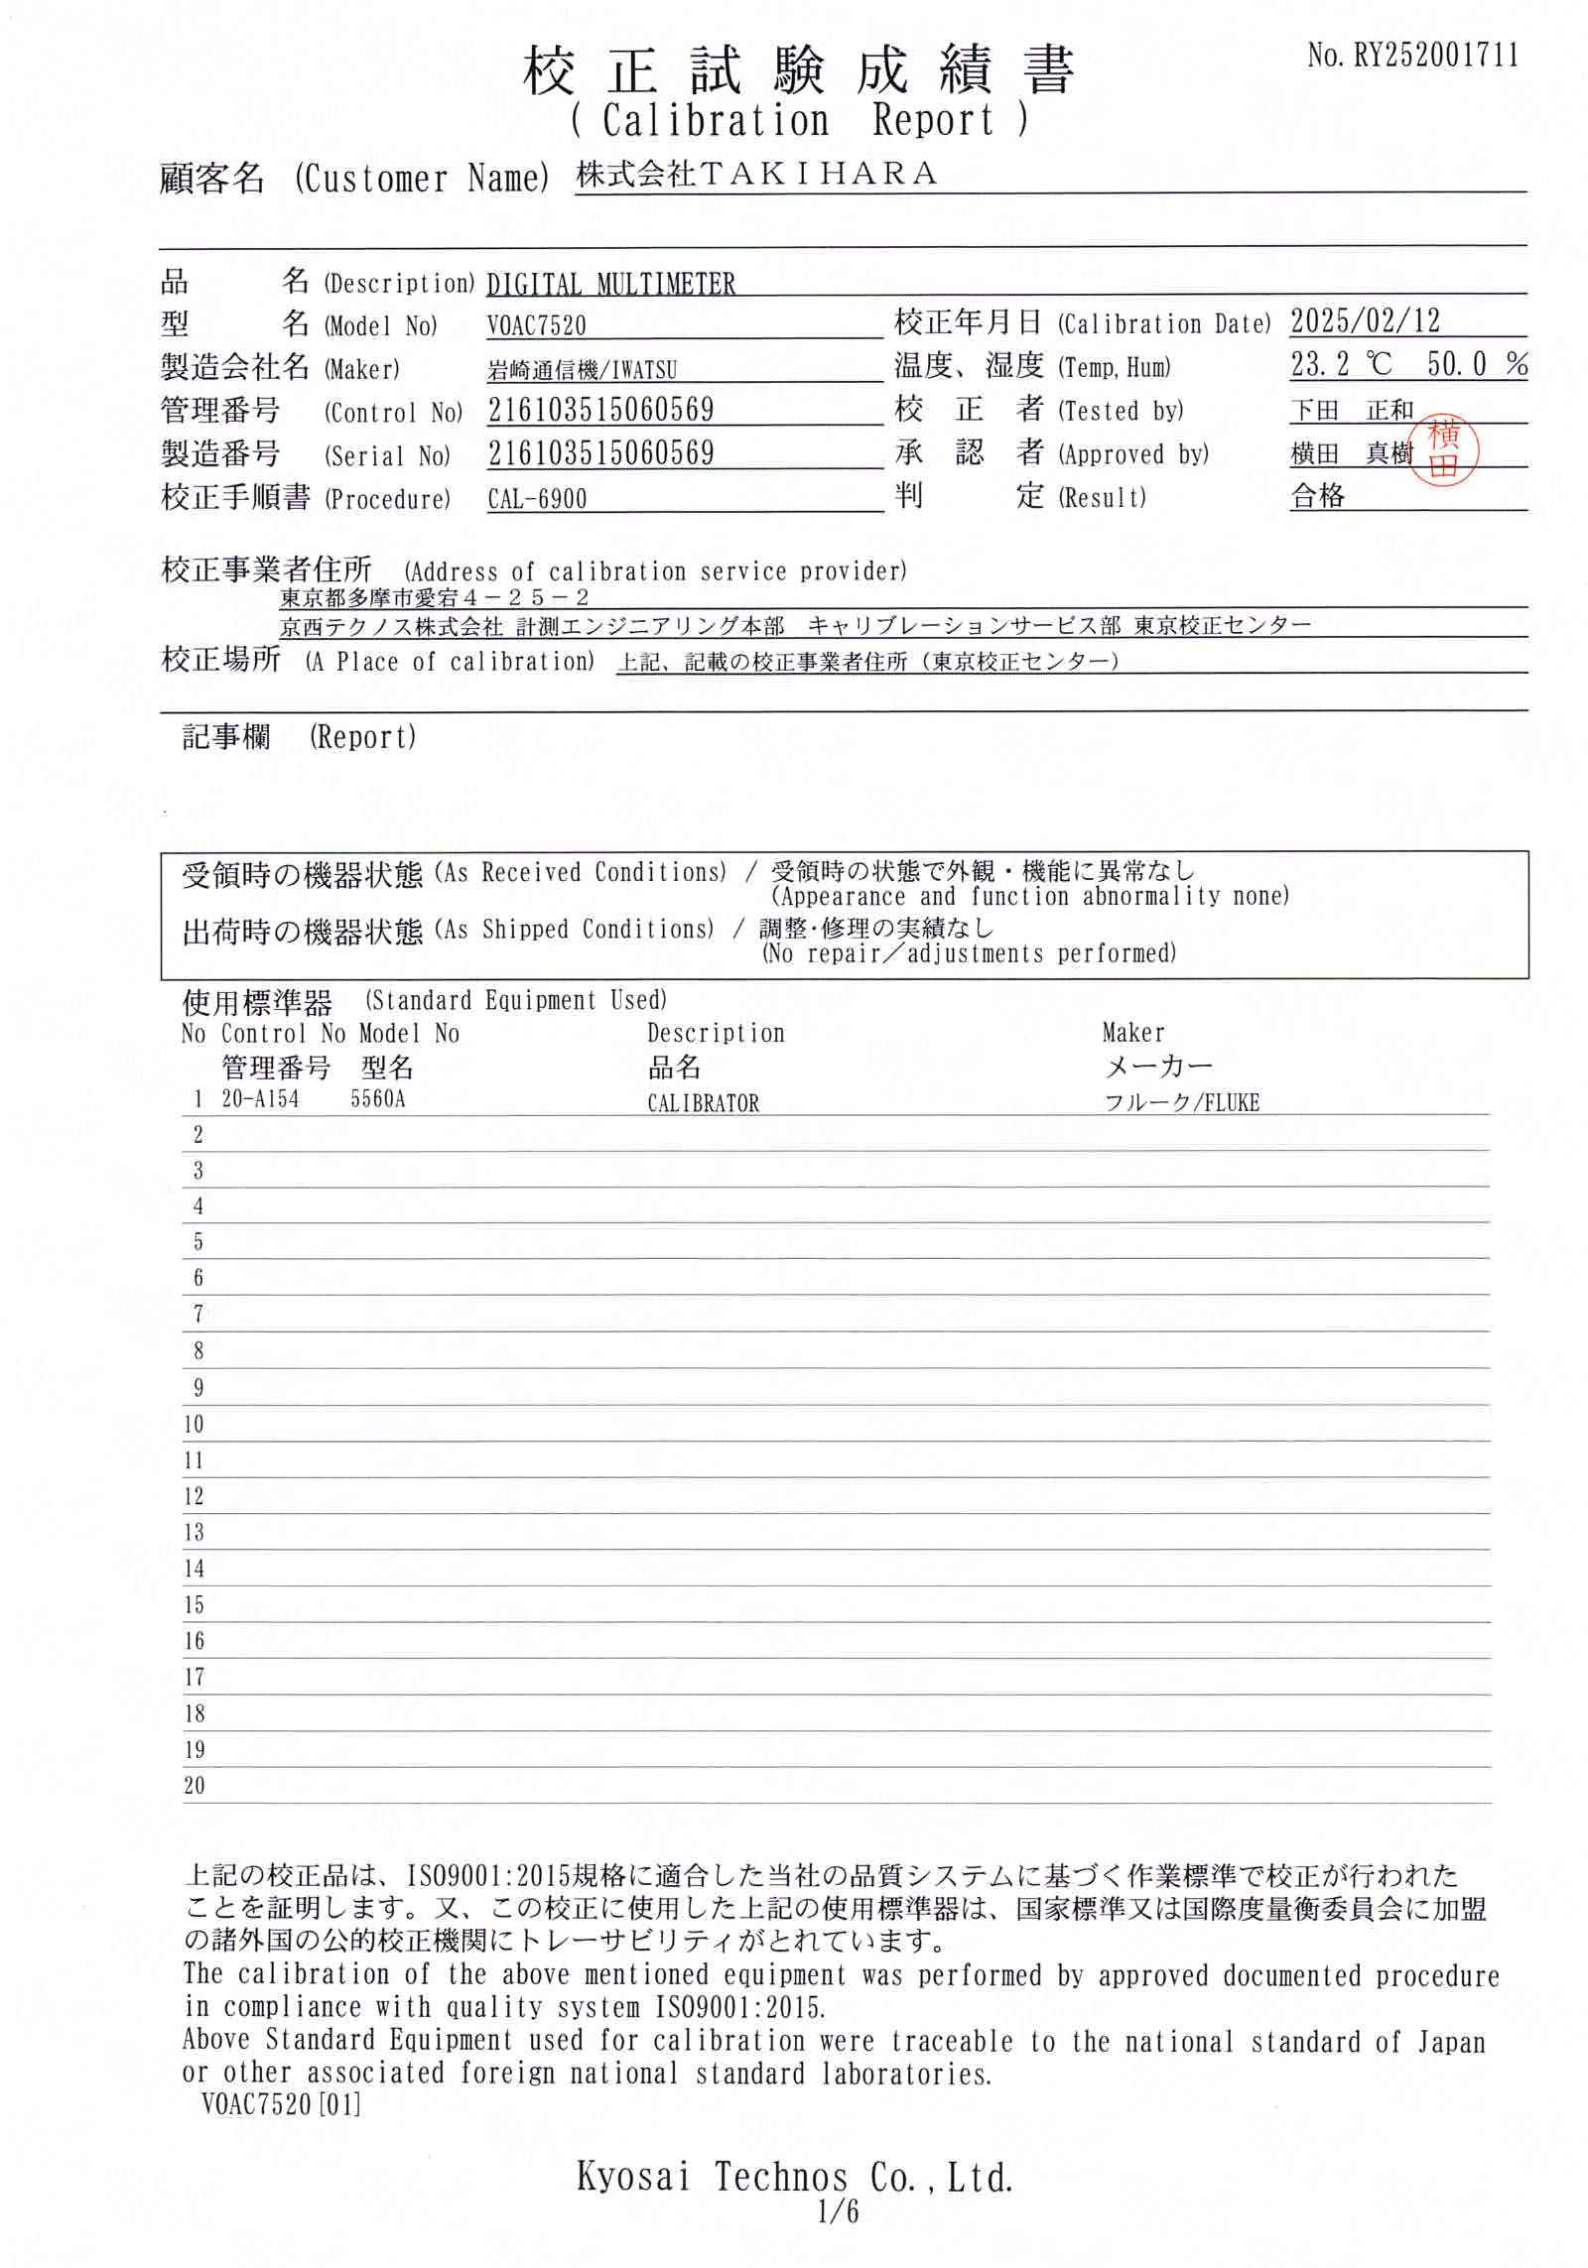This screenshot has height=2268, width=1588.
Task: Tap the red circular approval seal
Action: (x=1444, y=453)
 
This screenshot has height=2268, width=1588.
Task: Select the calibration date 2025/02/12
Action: (x=1365, y=321)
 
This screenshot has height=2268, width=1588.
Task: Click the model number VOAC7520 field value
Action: (x=537, y=325)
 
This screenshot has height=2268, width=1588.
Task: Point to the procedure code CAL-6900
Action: (x=537, y=499)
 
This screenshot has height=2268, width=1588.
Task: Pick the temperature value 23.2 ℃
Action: (x=1341, y=365)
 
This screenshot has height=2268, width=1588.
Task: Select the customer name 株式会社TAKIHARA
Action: (x=756, y=175)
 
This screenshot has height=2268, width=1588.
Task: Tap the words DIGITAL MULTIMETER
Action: (x=610, y=285)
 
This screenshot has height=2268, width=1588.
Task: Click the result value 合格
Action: (x=1317, y=496)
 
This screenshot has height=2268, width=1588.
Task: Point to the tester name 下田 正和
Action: (x=1352, y=410)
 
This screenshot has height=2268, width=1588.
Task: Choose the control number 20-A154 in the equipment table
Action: (x=260, y=1099)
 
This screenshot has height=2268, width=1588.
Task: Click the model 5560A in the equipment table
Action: (x=378, y=1099)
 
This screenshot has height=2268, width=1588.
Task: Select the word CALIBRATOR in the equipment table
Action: (x=703, y=1103)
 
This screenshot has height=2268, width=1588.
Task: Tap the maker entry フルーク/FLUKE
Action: (x=1181, y=1102)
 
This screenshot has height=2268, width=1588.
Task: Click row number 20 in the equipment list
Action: (x=195, y=1786)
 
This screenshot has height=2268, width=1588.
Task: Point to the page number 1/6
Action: (x=839, y=2238)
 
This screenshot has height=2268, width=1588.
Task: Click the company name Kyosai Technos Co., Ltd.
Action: (x=794, y=2205)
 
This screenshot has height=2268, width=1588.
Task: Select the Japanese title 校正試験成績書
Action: (x=798, y=71)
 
